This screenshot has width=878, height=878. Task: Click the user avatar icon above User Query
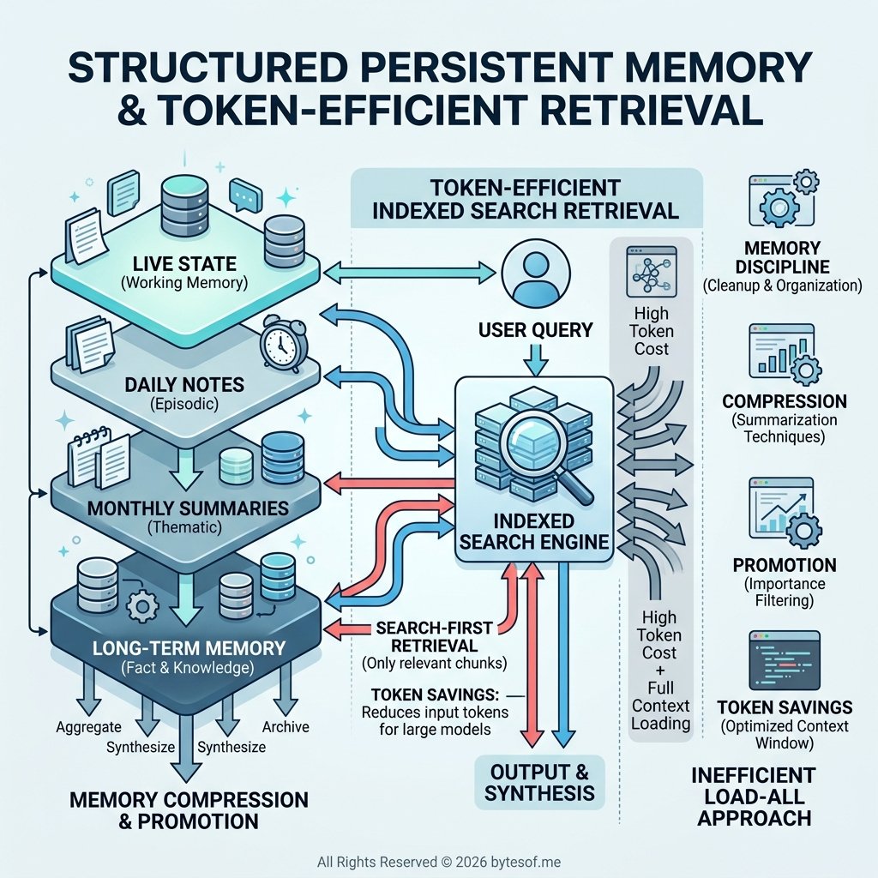(533, 274)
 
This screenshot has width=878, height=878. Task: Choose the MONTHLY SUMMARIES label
(188, 508)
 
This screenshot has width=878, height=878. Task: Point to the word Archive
(286, 727)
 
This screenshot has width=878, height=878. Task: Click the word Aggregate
(88, 726)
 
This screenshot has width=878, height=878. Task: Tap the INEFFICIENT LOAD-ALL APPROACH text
(754, 797)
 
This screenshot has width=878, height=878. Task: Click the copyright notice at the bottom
(438, 861)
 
